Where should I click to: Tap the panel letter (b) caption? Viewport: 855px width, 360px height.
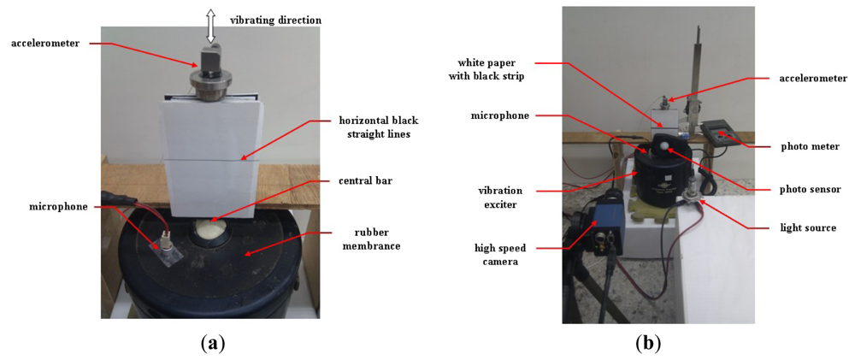647,344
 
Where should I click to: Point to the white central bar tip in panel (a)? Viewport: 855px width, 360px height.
210,228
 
